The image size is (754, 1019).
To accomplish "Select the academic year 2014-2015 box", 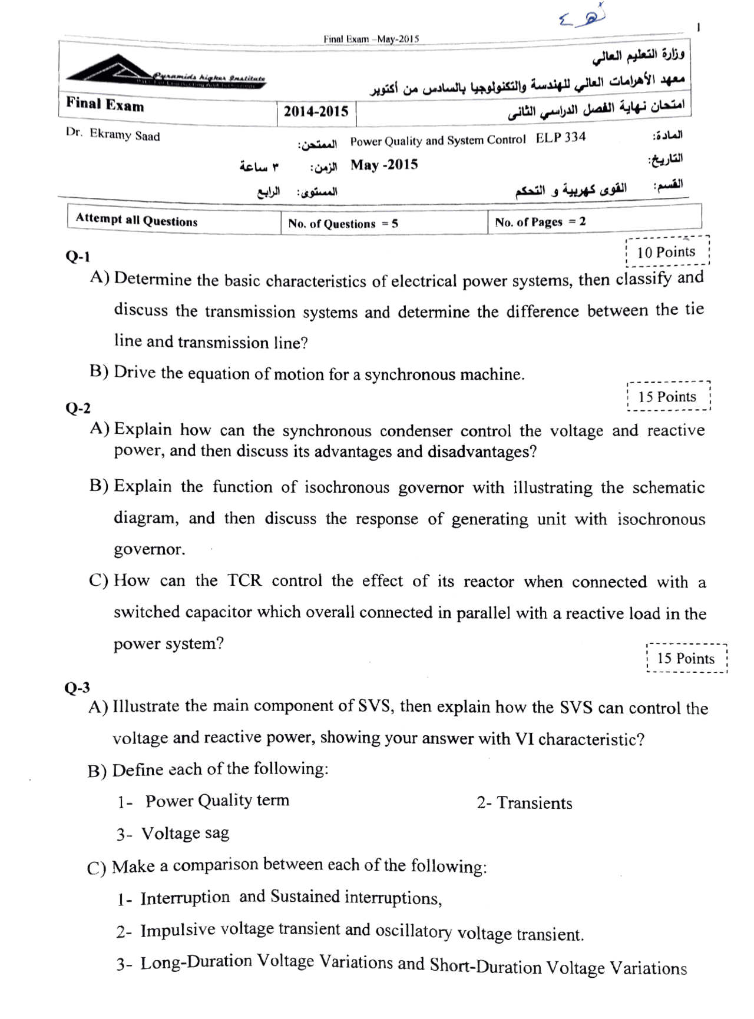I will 316,112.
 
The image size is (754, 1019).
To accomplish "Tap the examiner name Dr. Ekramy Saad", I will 113,135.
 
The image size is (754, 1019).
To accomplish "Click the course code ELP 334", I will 561,138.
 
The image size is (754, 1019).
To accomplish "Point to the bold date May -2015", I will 384,165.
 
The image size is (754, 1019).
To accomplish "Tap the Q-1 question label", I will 78,257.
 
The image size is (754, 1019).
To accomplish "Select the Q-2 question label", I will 78,408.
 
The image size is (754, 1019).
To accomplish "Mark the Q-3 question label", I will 77,688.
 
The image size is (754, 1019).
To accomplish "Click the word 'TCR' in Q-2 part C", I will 244,580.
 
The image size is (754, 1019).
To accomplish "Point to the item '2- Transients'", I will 524,803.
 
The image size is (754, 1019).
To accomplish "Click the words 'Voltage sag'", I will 185,833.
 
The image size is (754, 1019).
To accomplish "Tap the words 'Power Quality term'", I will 217,801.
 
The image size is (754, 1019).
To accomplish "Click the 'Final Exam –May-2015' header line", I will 371,39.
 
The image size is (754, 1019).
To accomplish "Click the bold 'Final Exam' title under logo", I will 105,105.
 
